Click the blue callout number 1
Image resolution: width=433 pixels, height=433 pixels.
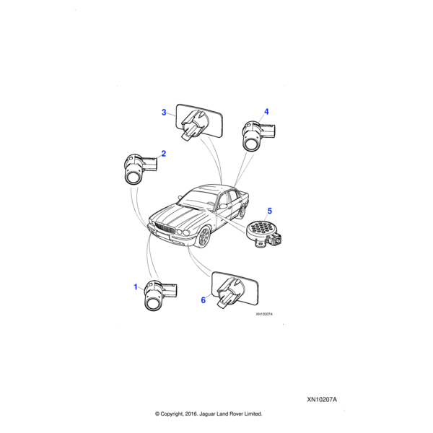[x=136, y=287]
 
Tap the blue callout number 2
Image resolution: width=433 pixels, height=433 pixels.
[x=164, y=154]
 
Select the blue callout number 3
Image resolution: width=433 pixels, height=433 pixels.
[x=164, y=113]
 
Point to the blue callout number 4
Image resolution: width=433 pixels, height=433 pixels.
[x=266, y=112]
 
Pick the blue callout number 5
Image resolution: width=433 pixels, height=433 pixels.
[x=269, y=211]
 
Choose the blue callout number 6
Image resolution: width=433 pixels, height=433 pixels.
[x=204, y=300]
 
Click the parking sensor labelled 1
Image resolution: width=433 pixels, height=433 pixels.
[x=159, y=295]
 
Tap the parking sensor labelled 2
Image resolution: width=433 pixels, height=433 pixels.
[x=140, y=168]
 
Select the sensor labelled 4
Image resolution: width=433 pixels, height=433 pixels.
[x=258, y=136]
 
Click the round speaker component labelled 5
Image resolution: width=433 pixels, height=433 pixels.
[x=263, y=234]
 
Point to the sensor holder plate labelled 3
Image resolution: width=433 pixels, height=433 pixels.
[x=199, y=122]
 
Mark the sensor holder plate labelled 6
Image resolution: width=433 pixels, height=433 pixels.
[x=235, y=289]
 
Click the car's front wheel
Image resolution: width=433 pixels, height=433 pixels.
[x=204, y=237]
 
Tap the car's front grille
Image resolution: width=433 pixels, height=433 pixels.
[x=165, y=228]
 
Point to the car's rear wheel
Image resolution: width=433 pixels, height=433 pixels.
[x=242, y=211]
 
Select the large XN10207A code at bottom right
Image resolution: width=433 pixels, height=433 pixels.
[x=322, y=400]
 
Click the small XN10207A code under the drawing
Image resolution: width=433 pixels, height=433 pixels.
[x=264, y=314]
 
